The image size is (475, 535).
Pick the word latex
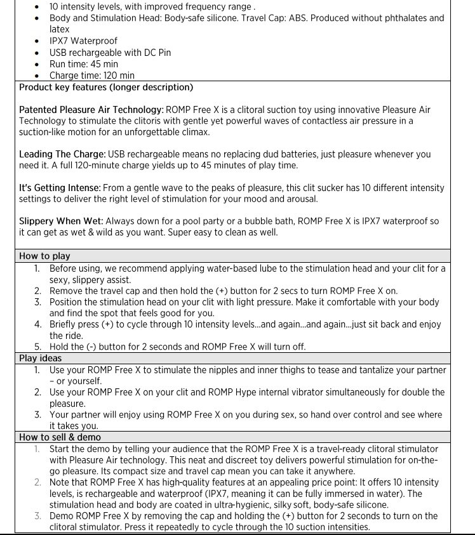pyautogui.click(x=60, y=29)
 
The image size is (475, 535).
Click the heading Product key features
pyautogui.click(x=106, y=87)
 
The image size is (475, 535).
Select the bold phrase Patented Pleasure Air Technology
pyautogui.click(x=91, y=110)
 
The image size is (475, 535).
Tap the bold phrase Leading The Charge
pyautogui.click(x=62, y=154)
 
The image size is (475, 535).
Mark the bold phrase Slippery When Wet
pyautogui.click(x=61, y=221)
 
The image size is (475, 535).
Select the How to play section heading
pyautogui.click(x=44, y=256)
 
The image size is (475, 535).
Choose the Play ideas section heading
pyautogui.click(x=41, y=358)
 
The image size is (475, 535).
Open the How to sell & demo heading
pyautogui.click(x=60, y=437)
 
